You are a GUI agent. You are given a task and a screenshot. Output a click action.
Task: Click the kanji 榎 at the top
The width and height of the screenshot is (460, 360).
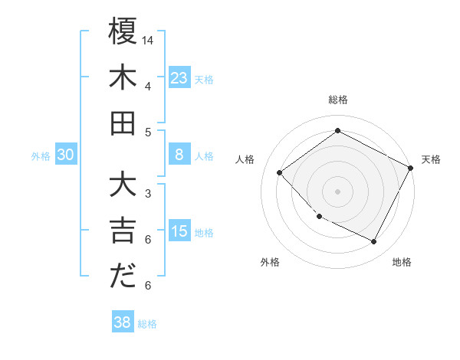click(x=123, y=31)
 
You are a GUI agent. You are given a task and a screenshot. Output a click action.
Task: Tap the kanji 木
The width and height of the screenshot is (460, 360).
click(x=123, y=77)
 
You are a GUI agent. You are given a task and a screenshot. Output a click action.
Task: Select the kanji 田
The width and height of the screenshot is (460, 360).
click(x=123, y=123)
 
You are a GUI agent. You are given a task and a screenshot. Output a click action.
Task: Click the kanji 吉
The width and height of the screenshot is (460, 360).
click(x=123, y=231)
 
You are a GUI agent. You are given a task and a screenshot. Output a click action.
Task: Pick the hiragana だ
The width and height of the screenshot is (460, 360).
click(x=123, y=277)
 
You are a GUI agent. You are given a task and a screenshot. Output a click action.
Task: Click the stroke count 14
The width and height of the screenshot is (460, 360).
click(x=149, y=39)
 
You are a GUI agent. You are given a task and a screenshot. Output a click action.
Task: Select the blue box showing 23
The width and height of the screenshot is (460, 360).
click(x=179, y=77)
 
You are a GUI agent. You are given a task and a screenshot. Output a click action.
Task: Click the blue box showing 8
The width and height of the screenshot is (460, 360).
click(x=179, y=155)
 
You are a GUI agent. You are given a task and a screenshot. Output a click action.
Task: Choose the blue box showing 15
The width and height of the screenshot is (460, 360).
click(x=179, y=231)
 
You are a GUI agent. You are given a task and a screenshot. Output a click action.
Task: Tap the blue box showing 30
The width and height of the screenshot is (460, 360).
click(x=66, y=155)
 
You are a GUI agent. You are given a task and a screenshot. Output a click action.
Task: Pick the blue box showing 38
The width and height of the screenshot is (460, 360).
click(x=122, y=322)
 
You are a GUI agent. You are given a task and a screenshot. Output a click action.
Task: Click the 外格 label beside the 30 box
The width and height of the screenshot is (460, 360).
click(x=41, y=156)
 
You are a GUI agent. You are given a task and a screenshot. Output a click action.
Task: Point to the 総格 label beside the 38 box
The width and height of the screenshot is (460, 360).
click(x=147, y=324)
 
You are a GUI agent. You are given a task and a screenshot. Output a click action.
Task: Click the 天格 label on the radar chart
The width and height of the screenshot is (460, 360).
click(x=431, y=159)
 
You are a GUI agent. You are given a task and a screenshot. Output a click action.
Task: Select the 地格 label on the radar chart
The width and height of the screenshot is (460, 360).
click(x=402, y=262)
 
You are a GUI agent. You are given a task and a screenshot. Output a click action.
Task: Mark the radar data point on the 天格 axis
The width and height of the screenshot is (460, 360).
click(x=411, y=168)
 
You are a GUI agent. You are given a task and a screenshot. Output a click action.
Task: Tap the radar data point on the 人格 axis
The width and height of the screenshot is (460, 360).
click(x=280, y=173)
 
